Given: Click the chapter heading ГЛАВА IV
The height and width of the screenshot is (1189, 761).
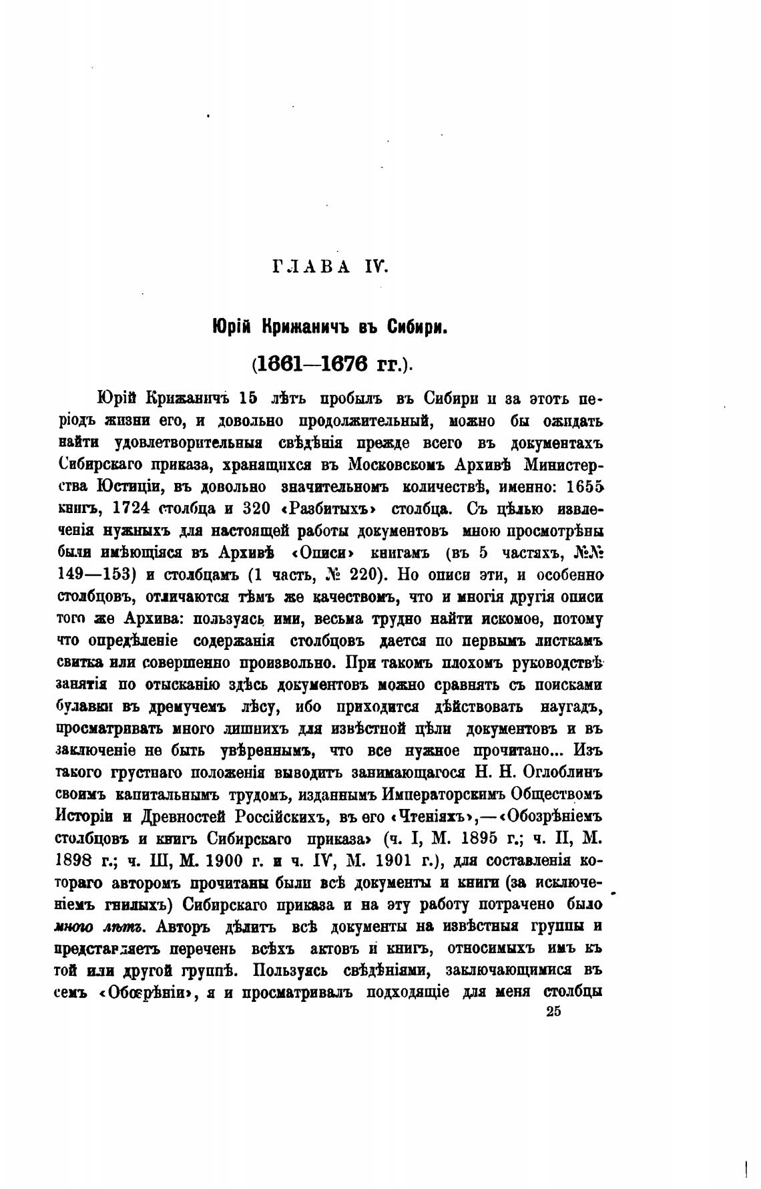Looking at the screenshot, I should (x=329, y=267).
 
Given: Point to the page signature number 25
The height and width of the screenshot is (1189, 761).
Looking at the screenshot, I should (x=553, y=1011).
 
